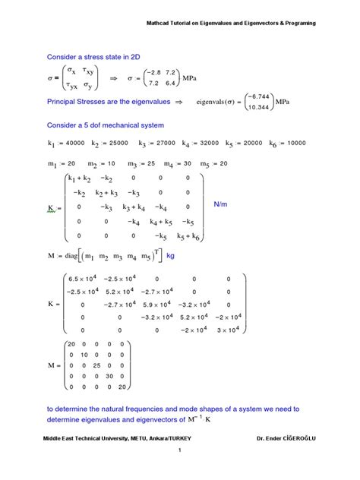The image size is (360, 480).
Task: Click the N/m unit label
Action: pyautogui.click(x=221, y=204)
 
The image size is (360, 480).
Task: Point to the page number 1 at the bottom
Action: pyautogui.click(x=180, y=472)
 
